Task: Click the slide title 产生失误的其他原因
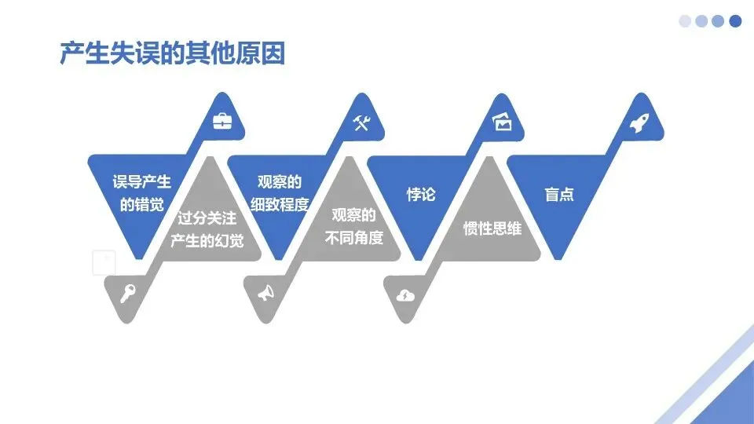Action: (x=172, y=53)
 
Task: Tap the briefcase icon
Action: (x=223, y=122)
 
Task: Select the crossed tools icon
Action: (x=361, y=122)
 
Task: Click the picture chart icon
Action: (x=501, y=122)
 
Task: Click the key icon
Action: (x=127, y=294)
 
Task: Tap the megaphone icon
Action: (x=266, y=294)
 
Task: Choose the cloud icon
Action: (x=405, y=294)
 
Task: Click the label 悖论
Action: (x=420, y=194)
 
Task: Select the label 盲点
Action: (x=559, y=195)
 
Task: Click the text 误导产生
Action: (x=141, y=183)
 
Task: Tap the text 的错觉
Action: (x=141, y=205)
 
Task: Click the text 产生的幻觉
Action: (x=207, y=240)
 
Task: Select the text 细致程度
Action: (x=280, y=205)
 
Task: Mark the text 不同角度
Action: (x=354, y=237)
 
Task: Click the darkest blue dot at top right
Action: (x=735, y=21)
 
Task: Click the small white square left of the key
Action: (x=104, y=263)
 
